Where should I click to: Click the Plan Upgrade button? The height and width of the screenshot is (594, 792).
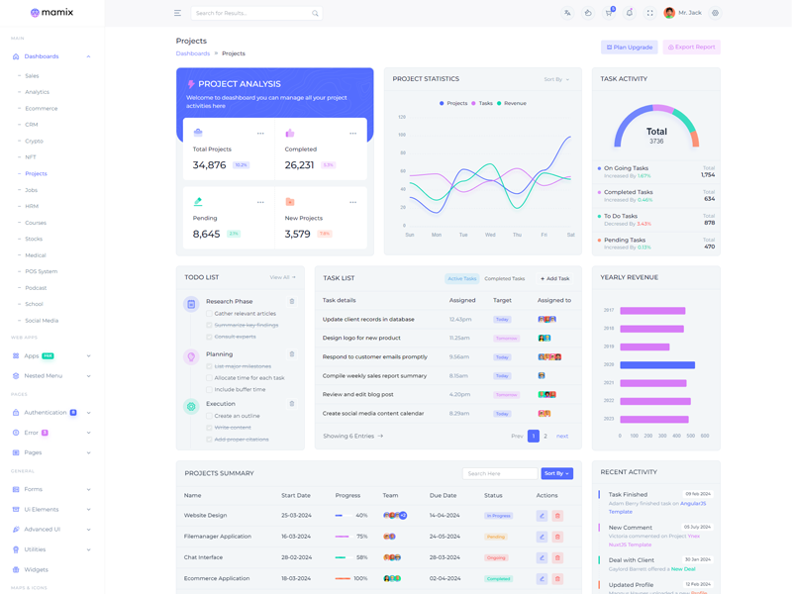(x=630, y=47)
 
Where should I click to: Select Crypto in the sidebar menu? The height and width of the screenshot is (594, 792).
(x=35, y=141)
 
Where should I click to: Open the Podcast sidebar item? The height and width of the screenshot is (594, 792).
(x=36, y=288)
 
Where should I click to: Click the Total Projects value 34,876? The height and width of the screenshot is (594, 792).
(x=210, y=165)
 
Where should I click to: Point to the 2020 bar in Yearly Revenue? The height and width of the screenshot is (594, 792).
(x=657, y=364)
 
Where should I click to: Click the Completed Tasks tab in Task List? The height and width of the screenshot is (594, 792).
(x=505, y=279)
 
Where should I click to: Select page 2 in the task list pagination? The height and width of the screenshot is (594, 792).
(x=545, y=436)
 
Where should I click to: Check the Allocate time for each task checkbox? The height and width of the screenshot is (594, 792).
(x=209, y=378)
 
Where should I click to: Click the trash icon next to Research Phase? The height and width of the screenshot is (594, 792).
(x=292, y=301)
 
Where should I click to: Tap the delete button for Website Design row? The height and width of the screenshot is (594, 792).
(x=557, y=516)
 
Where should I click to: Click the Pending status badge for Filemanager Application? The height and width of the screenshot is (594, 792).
(x=496, y=537)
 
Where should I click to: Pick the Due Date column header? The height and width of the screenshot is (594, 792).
(x=443, y=495)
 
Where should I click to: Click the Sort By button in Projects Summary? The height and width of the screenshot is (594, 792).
(x=557, y=473)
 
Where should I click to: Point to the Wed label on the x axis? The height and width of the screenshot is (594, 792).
(x=490, y=235)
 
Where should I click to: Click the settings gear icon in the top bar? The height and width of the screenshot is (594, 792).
(x=716, y=13)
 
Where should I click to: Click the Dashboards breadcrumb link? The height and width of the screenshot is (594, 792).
(x=193, y=53)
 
